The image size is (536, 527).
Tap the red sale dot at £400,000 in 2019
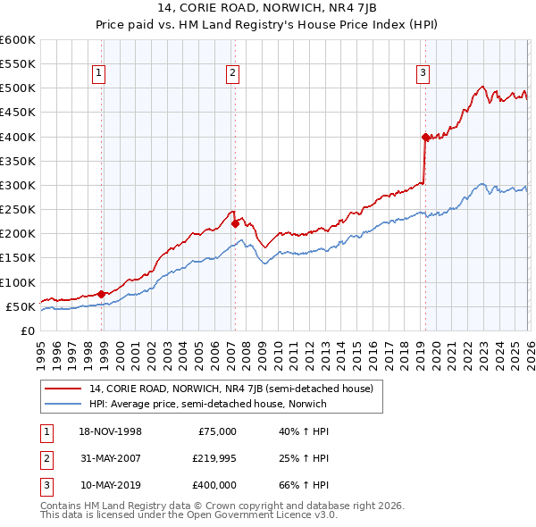[x=425, y=137]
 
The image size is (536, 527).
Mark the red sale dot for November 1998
[x=102, y=294]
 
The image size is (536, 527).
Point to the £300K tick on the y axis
[x=18, y=185]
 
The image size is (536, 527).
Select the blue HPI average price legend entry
[x=208, y=404]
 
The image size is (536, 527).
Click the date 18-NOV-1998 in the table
[x=111, y=431]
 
